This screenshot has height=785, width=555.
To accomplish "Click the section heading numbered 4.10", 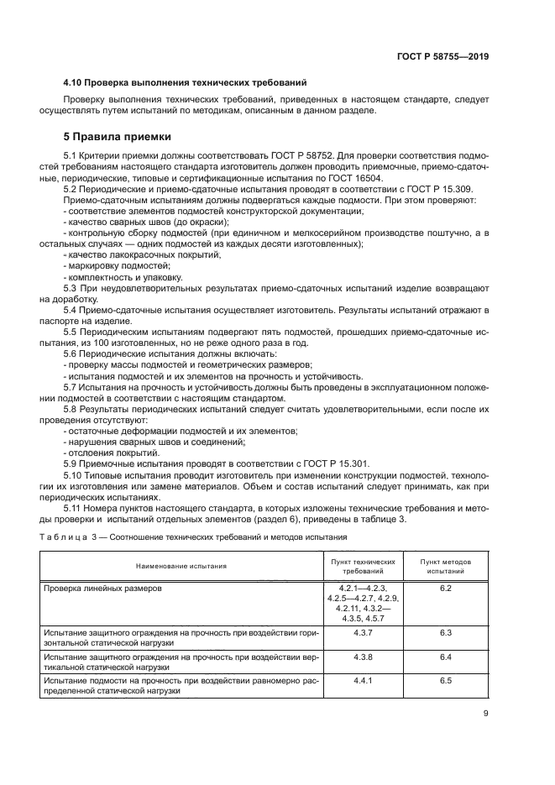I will coord(184,82).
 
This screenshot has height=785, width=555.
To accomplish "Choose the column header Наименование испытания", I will coord(182,566).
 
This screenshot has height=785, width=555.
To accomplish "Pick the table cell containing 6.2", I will coord(445,589).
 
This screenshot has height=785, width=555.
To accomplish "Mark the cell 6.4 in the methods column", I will coord(445,656).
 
